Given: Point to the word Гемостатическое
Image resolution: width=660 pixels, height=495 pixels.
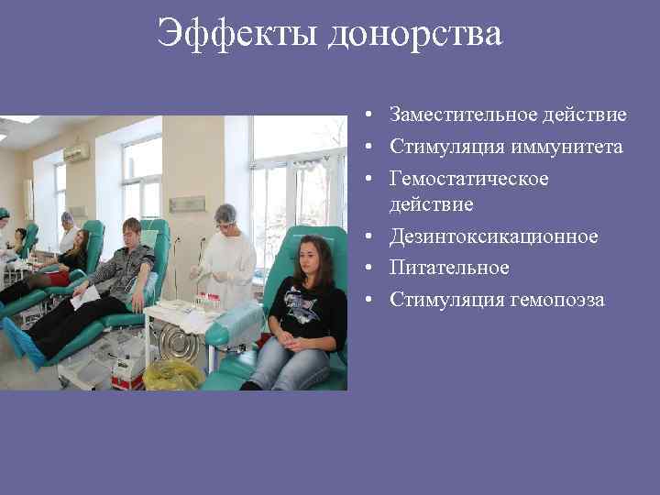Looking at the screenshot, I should pos(468,179).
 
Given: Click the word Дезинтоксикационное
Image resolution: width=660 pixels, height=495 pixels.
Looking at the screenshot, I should pos(493,236).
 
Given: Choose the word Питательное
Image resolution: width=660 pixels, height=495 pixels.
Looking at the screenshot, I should pos(448,268).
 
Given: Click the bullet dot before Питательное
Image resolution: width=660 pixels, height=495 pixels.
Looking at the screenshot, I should pos(366,269).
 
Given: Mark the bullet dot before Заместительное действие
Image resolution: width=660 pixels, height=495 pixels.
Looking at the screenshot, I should pos(366,116).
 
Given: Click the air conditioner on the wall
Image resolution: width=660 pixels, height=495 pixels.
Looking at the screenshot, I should pos(76,152).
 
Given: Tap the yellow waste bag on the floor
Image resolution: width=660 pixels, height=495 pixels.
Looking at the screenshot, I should pos(171,373).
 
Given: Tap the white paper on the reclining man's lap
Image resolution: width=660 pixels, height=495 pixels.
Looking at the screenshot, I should pos(86,296).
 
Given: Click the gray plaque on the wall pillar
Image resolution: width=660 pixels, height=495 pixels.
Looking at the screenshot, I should pos(188,203).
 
